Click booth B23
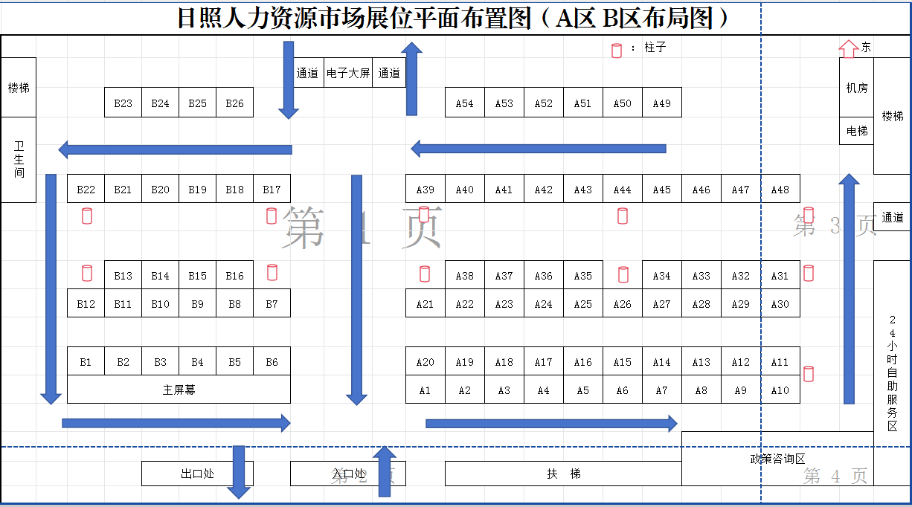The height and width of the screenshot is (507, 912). (123, 103)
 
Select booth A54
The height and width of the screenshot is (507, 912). (464, 103)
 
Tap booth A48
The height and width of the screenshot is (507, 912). (780, 190)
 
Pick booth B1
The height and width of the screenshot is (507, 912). (86, 362)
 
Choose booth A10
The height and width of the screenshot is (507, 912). (780, 390)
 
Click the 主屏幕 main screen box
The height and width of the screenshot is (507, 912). (179, 390)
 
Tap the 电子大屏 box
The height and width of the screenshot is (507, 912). (348, 73)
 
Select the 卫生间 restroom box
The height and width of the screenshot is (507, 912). (19, 159)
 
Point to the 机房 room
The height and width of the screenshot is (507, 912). (856, 88)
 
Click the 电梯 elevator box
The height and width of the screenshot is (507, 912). (856, 131)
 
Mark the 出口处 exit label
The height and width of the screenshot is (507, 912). (197, 474)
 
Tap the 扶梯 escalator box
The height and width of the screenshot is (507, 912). (563, 474)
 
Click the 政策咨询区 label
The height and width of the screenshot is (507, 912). (777, 459)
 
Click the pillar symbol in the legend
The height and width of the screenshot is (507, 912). (616, 51)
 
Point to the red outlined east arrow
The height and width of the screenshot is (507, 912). (847, 48)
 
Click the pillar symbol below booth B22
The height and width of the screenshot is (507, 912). (87, 216)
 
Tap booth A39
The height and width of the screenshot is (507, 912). (425, 190)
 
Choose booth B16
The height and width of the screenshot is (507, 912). (234, 276)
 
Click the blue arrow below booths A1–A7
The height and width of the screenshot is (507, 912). (550, 424)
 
